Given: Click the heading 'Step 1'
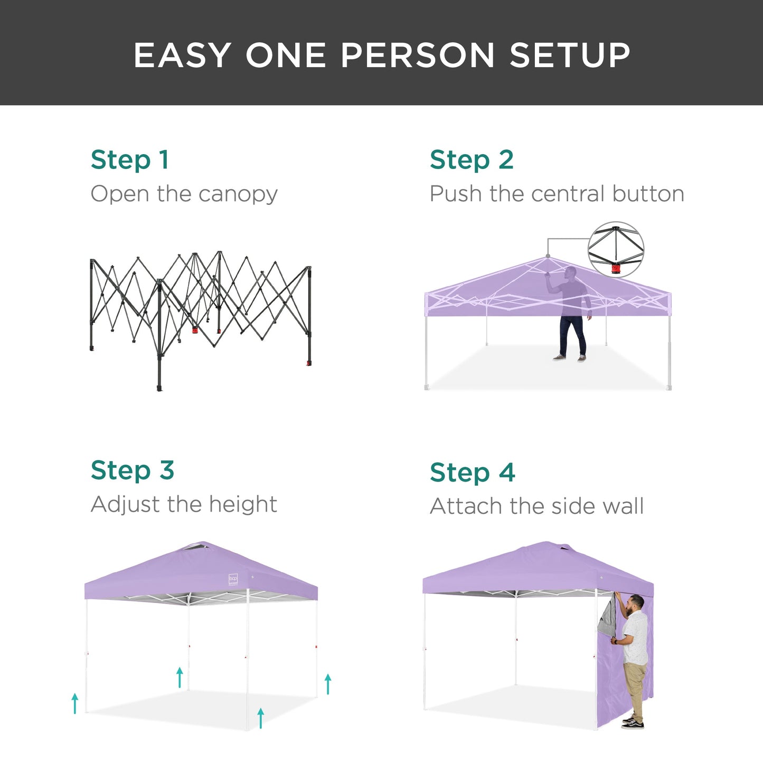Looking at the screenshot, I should [x=130, y=160].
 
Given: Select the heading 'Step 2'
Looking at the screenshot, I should [x=472, y=160].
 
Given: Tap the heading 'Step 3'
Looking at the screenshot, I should [x=132, y=470].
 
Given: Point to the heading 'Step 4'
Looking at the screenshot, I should [x=473, y=473].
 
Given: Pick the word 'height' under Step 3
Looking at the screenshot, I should [x=243, y=504].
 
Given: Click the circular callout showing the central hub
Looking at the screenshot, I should [x=616, y=250].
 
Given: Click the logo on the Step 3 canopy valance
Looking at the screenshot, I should [x=233, y=579].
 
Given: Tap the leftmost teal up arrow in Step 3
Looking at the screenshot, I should [x=75, y=703].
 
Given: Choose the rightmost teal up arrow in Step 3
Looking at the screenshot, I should [x=328, y=684].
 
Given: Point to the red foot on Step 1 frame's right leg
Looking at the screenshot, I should [x=308, y=363].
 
